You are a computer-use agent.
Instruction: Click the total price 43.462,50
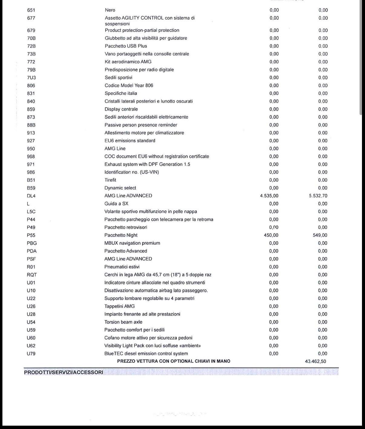[315, 361]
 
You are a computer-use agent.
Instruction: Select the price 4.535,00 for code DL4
[269, 196]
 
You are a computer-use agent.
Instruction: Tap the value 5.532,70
[318, 196]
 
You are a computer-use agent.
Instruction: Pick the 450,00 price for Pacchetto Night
[271, 235]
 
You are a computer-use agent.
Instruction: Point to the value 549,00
[320, 235]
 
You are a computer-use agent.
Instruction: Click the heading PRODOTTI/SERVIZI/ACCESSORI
[64, 372]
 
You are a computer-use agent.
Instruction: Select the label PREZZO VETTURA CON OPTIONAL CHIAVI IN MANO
[173, 361]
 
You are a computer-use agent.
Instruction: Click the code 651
[31, 10]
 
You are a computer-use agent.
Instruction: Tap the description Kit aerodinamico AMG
[128, 62]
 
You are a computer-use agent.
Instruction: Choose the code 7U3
[31, 78]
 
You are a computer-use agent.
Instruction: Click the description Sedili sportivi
[118, 78]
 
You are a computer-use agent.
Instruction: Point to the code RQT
[32, 275]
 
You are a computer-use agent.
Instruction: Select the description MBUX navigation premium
[132, 243]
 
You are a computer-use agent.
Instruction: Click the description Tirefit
[110, 180]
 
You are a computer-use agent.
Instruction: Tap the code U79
[31, 354]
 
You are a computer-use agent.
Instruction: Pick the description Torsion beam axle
[123, 322]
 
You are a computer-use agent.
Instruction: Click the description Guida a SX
[116, 204]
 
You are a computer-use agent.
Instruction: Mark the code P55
[31, 235]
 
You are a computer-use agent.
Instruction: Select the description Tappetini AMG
[120, 306]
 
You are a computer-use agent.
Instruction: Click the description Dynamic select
[120, 188]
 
